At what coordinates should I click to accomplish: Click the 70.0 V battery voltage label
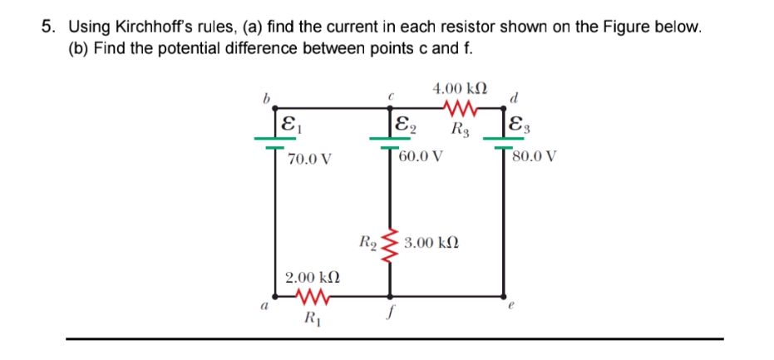point(309,159)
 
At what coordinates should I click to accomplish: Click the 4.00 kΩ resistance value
point(460,87)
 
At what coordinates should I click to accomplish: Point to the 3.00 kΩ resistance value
point(431,244)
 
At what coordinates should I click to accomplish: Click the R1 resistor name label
point(312,317)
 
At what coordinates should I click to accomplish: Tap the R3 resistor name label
point(459,128)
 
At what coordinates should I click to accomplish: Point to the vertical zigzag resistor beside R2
point(388,244)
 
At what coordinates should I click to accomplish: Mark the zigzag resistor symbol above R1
point(311,296)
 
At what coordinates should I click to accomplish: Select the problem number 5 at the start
point(47,27)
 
